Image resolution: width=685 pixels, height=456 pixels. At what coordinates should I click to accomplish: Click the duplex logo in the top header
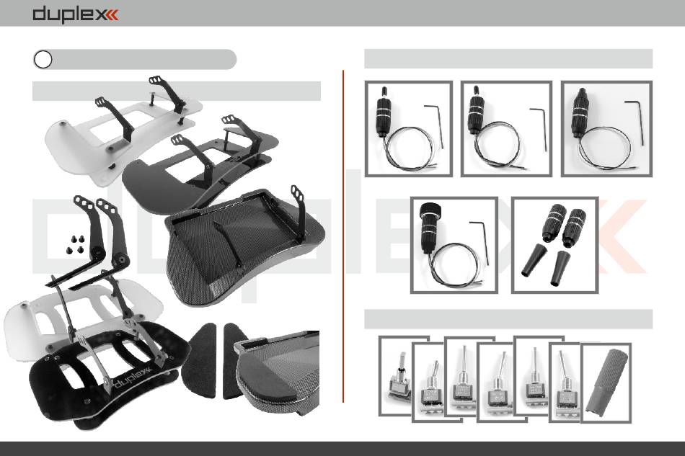click(75, 14)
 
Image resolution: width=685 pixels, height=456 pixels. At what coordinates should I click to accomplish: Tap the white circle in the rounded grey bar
click(43, 59)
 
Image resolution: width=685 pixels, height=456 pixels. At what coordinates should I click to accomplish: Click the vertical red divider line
click(343, 236)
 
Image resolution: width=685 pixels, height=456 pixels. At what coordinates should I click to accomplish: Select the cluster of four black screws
click(76, 244)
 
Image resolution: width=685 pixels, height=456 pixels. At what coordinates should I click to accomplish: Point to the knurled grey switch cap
click(607, 379)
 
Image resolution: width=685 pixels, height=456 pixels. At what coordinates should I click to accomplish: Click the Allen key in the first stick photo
click(434, 125)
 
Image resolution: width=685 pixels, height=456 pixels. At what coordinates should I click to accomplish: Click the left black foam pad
click(199, 360)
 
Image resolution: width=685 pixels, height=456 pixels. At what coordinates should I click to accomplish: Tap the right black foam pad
click(237, 360)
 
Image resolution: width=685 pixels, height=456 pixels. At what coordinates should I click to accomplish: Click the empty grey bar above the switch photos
click(508, 319)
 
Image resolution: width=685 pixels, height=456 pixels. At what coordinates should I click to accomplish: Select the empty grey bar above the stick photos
click(508, 58)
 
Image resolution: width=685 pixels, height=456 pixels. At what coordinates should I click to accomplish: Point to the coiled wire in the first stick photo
click(408, 148)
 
